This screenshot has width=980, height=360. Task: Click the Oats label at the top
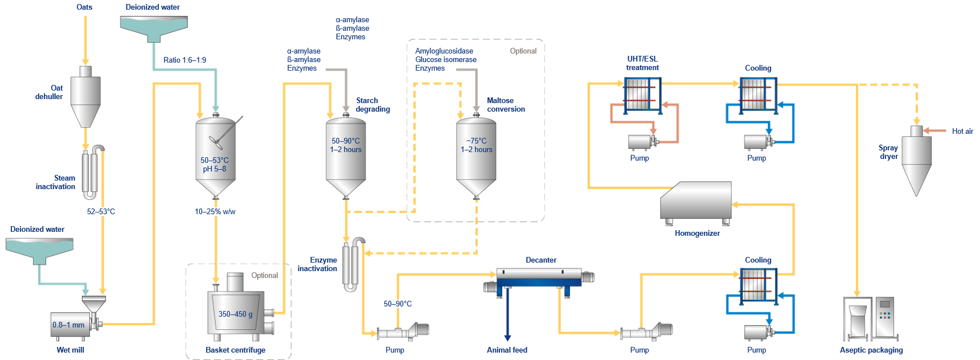(x=84, y=7)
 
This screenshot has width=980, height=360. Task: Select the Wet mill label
(x=70, y=350)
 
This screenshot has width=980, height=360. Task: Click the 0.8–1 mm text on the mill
(x=68, y=325)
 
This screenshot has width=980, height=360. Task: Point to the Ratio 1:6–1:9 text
(x=184, y=60)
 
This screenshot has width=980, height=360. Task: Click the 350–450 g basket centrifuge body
(x=236, y=313)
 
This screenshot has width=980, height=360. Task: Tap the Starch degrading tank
(x=346, y=154)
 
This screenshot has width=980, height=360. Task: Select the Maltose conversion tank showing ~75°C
(x=476, y=154)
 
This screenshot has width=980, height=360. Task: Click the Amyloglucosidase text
(x=444, y=51)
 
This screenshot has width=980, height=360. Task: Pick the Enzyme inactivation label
(x=317, y=264)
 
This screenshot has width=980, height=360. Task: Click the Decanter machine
(x=539, y=277)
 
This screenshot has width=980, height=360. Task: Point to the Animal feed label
(x=507, y=350)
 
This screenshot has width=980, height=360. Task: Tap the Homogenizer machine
(x=696, y=202)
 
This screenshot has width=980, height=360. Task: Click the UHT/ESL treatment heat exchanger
(x=642, y=95)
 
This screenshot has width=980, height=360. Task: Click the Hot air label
(x=962, y=131)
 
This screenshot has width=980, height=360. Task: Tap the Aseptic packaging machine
(x=871, y=319)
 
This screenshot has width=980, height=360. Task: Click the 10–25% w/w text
(x=215, y=211)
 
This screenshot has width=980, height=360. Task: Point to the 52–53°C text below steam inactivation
(x=101, y=211)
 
